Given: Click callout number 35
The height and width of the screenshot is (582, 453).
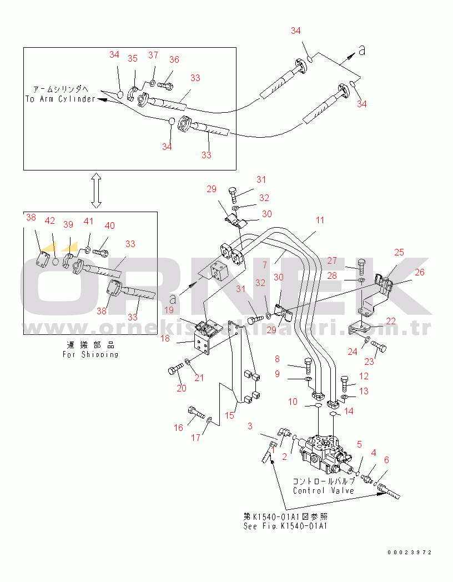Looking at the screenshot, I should tap(133, 58).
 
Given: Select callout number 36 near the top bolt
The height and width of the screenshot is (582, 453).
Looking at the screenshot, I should tap(174, 60).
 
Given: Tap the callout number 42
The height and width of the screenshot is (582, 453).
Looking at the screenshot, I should tap(50, 220).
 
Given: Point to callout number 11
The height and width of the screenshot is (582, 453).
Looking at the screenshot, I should tap(320, 220).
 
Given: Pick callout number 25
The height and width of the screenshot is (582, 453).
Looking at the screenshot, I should tap(399, 252).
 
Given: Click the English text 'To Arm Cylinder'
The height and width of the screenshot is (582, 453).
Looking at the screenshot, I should tap(61, 99).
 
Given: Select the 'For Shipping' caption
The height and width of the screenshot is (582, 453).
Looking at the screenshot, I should tap(91, 354).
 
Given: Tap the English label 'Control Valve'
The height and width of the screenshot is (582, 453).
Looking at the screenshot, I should tap(323, 491).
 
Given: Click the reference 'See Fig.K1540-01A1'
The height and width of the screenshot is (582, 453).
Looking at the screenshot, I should tap(285, 526).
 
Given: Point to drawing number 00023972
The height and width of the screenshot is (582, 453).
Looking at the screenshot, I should tap(410, 553).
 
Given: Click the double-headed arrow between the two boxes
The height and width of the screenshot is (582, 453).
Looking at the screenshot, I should tap(95, 190).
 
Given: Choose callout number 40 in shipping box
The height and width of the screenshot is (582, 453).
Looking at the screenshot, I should tap(110, 225).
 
